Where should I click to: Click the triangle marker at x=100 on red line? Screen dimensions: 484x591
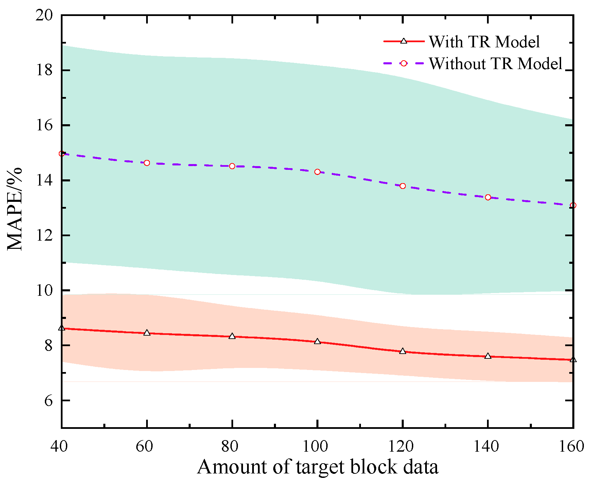click(317, 341)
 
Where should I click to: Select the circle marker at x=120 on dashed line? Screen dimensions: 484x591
click(403, 186)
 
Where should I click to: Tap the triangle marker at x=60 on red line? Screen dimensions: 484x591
click(147, 333)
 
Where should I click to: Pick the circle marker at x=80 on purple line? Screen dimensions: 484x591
click(232, 166)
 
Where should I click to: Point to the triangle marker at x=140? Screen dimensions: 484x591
click(488, 356)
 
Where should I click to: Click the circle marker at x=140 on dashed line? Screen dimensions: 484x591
click(488, 197)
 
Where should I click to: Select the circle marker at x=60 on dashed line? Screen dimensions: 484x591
click(147, 163)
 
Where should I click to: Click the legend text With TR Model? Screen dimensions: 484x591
click(484, 42)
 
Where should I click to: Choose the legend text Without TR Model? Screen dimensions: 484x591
click(496, 64)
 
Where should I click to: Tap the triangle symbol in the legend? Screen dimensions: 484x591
click(404, 41)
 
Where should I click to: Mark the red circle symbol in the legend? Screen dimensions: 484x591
click(404, 63)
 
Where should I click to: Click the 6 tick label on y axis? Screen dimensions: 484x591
click(49, 401)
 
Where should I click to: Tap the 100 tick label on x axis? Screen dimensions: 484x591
click(315, 446)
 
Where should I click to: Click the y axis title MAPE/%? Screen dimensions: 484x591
click(15, 209)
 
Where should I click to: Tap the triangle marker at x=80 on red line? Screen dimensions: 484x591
click(232, 336)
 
